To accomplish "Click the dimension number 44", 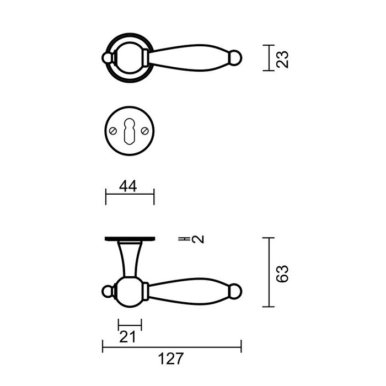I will tap(128, 186).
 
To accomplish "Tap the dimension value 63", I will tap(282, 272).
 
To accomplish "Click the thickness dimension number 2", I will tap(199, 239).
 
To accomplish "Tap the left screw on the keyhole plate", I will tap(112, 131).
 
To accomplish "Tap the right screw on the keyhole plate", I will tap(146, 131).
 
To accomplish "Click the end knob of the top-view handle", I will tap(237, 57).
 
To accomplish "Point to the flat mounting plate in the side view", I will tap(130, 239).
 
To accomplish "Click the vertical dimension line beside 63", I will tap(268, 272).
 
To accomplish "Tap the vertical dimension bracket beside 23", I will tap(267, 58).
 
